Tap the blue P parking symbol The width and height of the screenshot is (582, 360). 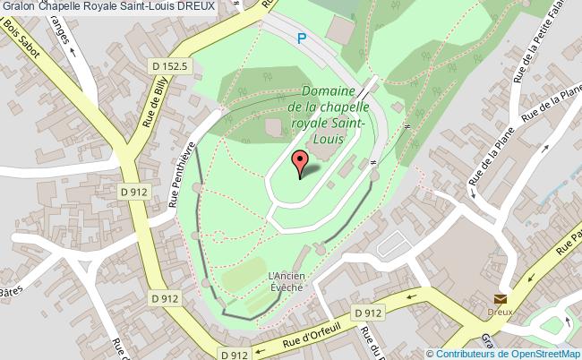click(302, 39)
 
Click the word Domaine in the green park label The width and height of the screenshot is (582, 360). click(330, 91)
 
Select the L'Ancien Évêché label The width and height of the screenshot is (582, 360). click(287, 281)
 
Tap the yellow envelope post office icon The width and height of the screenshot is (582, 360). click(500, 299)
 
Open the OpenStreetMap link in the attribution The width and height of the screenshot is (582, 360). click(546, 353)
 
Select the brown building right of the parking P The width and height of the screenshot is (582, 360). click(340, 30)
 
